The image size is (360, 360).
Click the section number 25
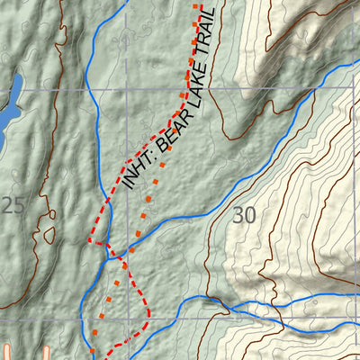(x=13, y=205)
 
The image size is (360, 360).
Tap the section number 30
(x=243, y=215)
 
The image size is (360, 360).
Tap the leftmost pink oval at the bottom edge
(x=8, y=352)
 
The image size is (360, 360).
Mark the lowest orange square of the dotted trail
(x=92, y=349)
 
